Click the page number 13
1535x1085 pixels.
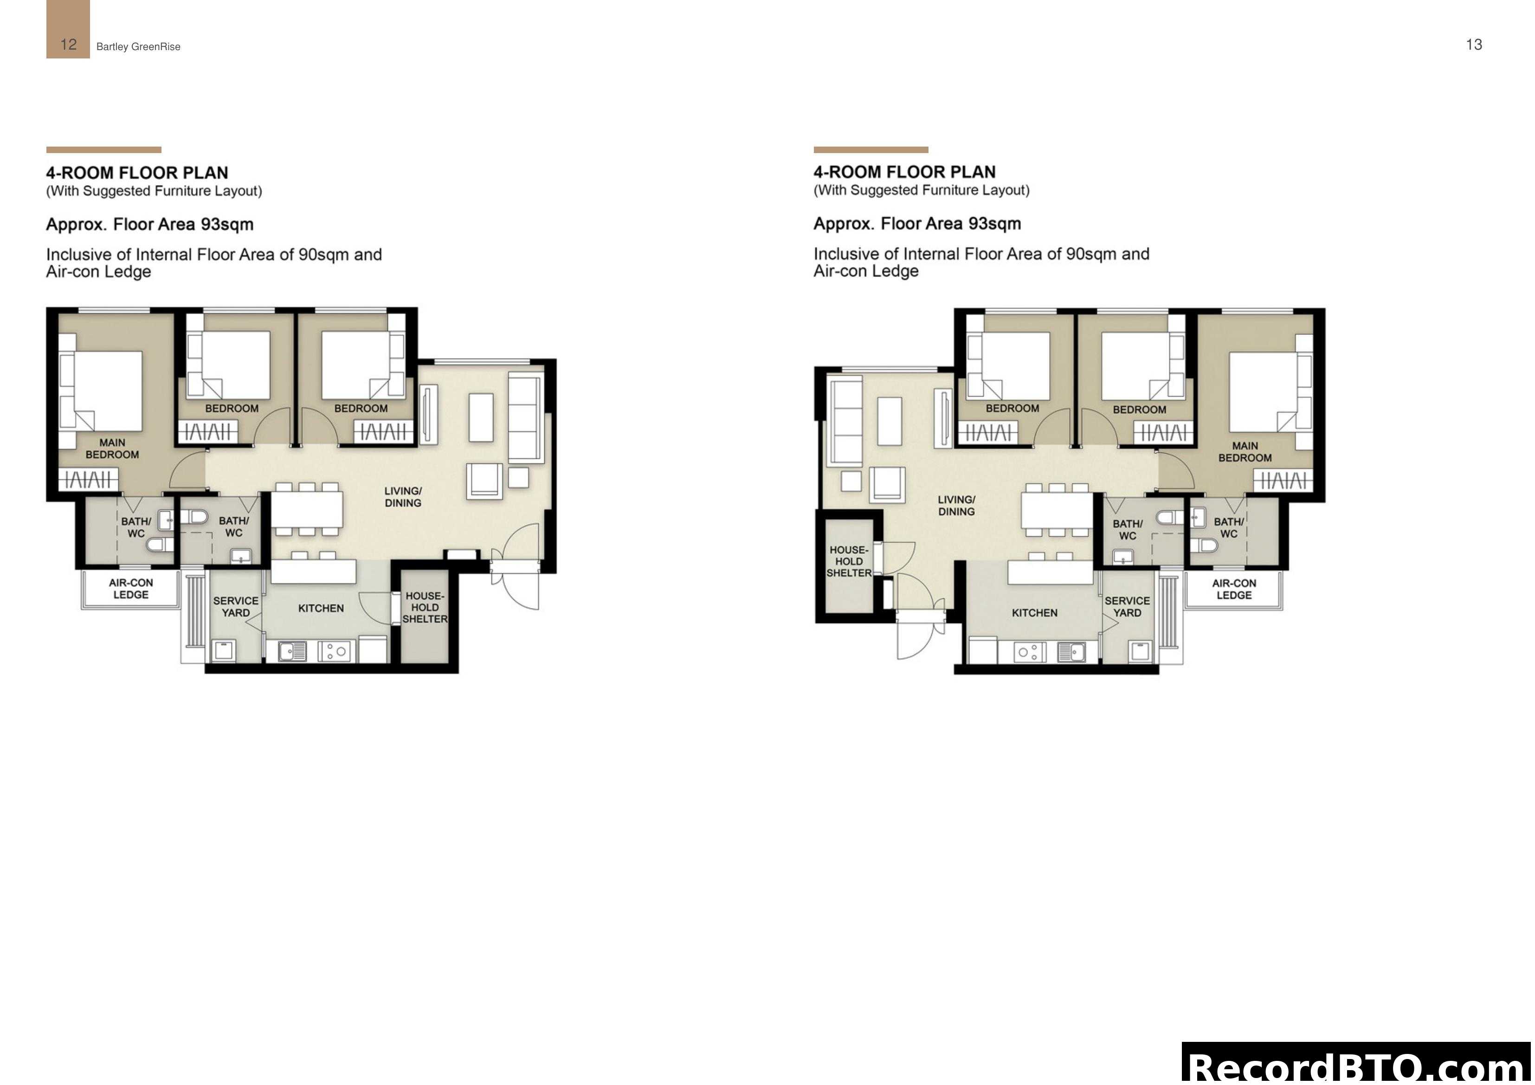coord(1473,45)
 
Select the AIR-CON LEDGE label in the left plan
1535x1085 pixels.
coord(131,588)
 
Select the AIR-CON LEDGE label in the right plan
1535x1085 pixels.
coord(1233,589)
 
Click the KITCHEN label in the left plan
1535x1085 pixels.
coord(321,608)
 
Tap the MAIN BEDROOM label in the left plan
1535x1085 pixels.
coord(112,449)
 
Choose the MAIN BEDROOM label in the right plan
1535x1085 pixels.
coord(1245,452)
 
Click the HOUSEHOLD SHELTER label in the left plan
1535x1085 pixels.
coord(425,608)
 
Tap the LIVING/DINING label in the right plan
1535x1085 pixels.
coord(956,506)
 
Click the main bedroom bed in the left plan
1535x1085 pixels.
coord(107,391)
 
